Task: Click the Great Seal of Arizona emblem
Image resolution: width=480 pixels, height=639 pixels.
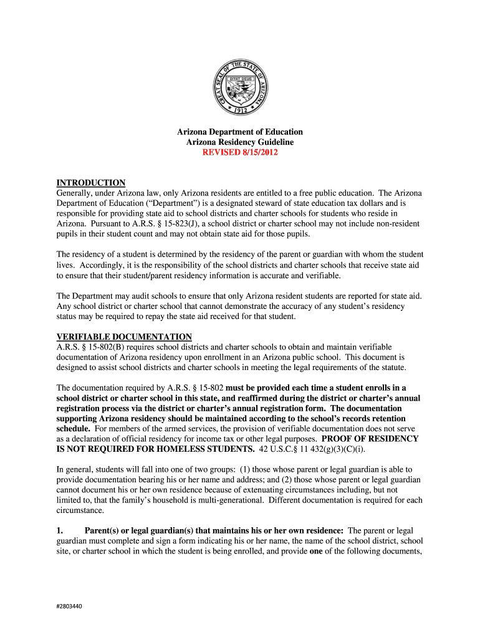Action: coord(240,88)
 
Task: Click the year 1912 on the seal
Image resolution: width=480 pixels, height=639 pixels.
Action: coord(240,108)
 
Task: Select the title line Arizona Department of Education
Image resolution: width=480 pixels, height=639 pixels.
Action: coord(240,132)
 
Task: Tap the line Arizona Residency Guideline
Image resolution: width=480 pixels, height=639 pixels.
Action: coord(240,142)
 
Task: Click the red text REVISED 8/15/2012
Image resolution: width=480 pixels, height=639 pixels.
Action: coord(240,153)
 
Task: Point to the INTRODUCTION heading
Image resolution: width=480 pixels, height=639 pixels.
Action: coord(91,183)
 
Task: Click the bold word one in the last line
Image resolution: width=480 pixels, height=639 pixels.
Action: coord(317,550)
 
